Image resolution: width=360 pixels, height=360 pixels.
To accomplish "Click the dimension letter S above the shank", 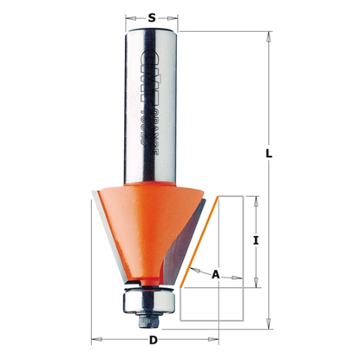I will (153, 16).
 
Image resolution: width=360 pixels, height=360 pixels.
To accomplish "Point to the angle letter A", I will (215, 273).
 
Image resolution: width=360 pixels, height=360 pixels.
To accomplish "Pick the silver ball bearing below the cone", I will (149, 300).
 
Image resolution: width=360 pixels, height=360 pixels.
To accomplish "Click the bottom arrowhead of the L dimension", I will (269, 319).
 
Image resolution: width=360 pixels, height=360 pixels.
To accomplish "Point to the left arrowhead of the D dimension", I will (95, 338).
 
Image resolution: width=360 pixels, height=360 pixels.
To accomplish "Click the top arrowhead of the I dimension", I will (257, 199).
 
